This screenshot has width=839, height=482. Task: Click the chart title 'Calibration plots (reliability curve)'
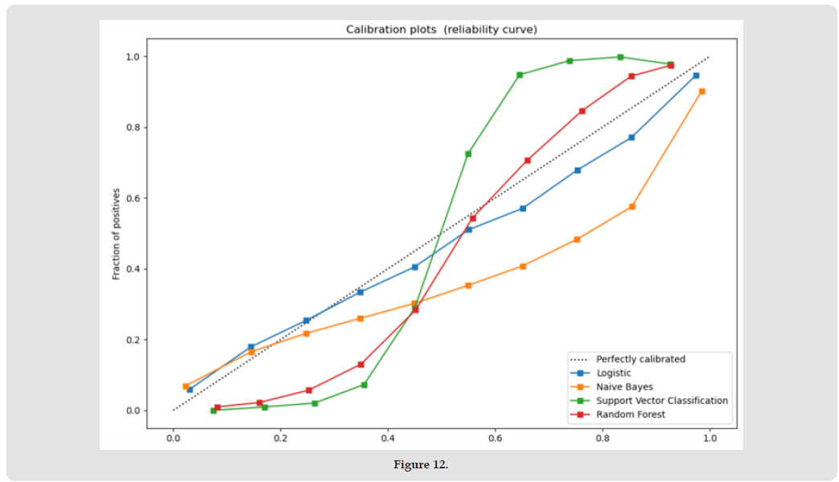pyautogui.click(x=441, y=30)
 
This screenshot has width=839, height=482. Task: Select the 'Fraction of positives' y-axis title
pyautogui.click(x=116, y=234)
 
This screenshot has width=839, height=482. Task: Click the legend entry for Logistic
pyautogui.click(x=613, y=373)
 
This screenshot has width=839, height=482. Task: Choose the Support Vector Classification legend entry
pyautogui.click(x=661, y=400)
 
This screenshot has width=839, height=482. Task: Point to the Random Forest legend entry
pyautogui.click(x=630, y=415)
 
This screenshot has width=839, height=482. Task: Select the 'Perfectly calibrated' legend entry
pyautogui.click(x=640, y=359)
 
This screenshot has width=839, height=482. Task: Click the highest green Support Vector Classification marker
pyautogui.click(x=620, y=57)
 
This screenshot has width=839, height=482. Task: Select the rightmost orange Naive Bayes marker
pyautogui.click(x=702, y=92)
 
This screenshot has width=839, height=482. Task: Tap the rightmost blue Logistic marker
pyautogui.click(x=696, y=76)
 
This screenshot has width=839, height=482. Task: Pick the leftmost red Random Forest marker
pyautogui.click(x=217, y=407)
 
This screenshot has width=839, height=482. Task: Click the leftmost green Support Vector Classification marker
pyautogui.click(x=213, y=411)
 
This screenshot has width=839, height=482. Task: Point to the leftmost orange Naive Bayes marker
pyautogui.click(x=186, y=386)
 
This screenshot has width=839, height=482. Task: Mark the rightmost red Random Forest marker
pyautogui.click(x=671, y=65)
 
